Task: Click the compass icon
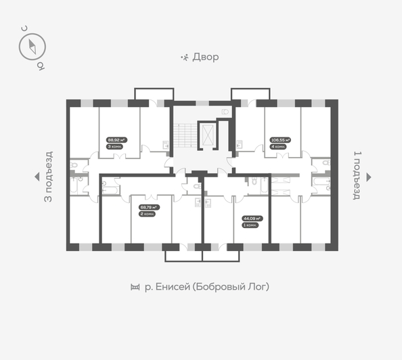(x=32, y=45)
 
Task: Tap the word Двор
(x=205, y=58)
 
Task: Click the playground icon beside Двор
(x=184, y=58)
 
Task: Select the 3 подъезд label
(x=48, y=177)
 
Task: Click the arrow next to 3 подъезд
(x=37, y=177)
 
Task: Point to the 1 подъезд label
(x=357, y=177)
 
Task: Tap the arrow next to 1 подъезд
(x=369, y=177)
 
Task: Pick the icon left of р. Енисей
(x=134, y=288)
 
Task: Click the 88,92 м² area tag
(x=116, y=141)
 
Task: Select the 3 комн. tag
(x=114, y=147)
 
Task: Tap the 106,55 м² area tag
(x=280, y=141)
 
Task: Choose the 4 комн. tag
(x=277, y=147)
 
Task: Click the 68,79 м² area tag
(x=148, y=207)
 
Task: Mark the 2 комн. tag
(x=147, y=214)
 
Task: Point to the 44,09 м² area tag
(x=252, y=218)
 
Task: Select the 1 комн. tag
(x=250, y=225)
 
